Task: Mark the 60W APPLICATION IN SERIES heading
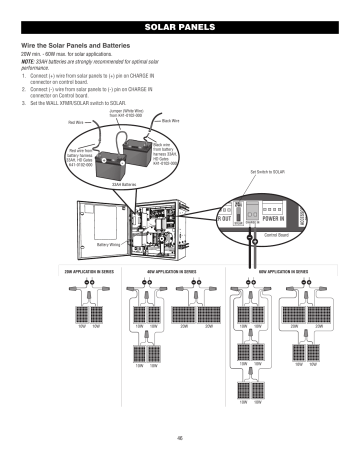tap(270, 271)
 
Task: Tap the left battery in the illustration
tap(108, 151)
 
